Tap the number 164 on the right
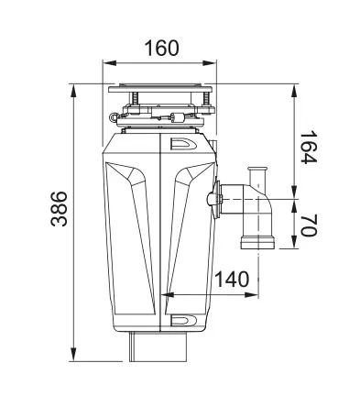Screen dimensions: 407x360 click(x=309, y=146)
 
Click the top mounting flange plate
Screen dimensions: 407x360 click(x=161, y=90)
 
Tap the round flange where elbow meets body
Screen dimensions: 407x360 click(x=215, y=198)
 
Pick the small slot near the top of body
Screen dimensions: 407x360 click(x=181, y=144)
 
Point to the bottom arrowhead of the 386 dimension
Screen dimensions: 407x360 click(x=73, y=355)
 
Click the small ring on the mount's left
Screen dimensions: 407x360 click(x=112, y=115)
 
